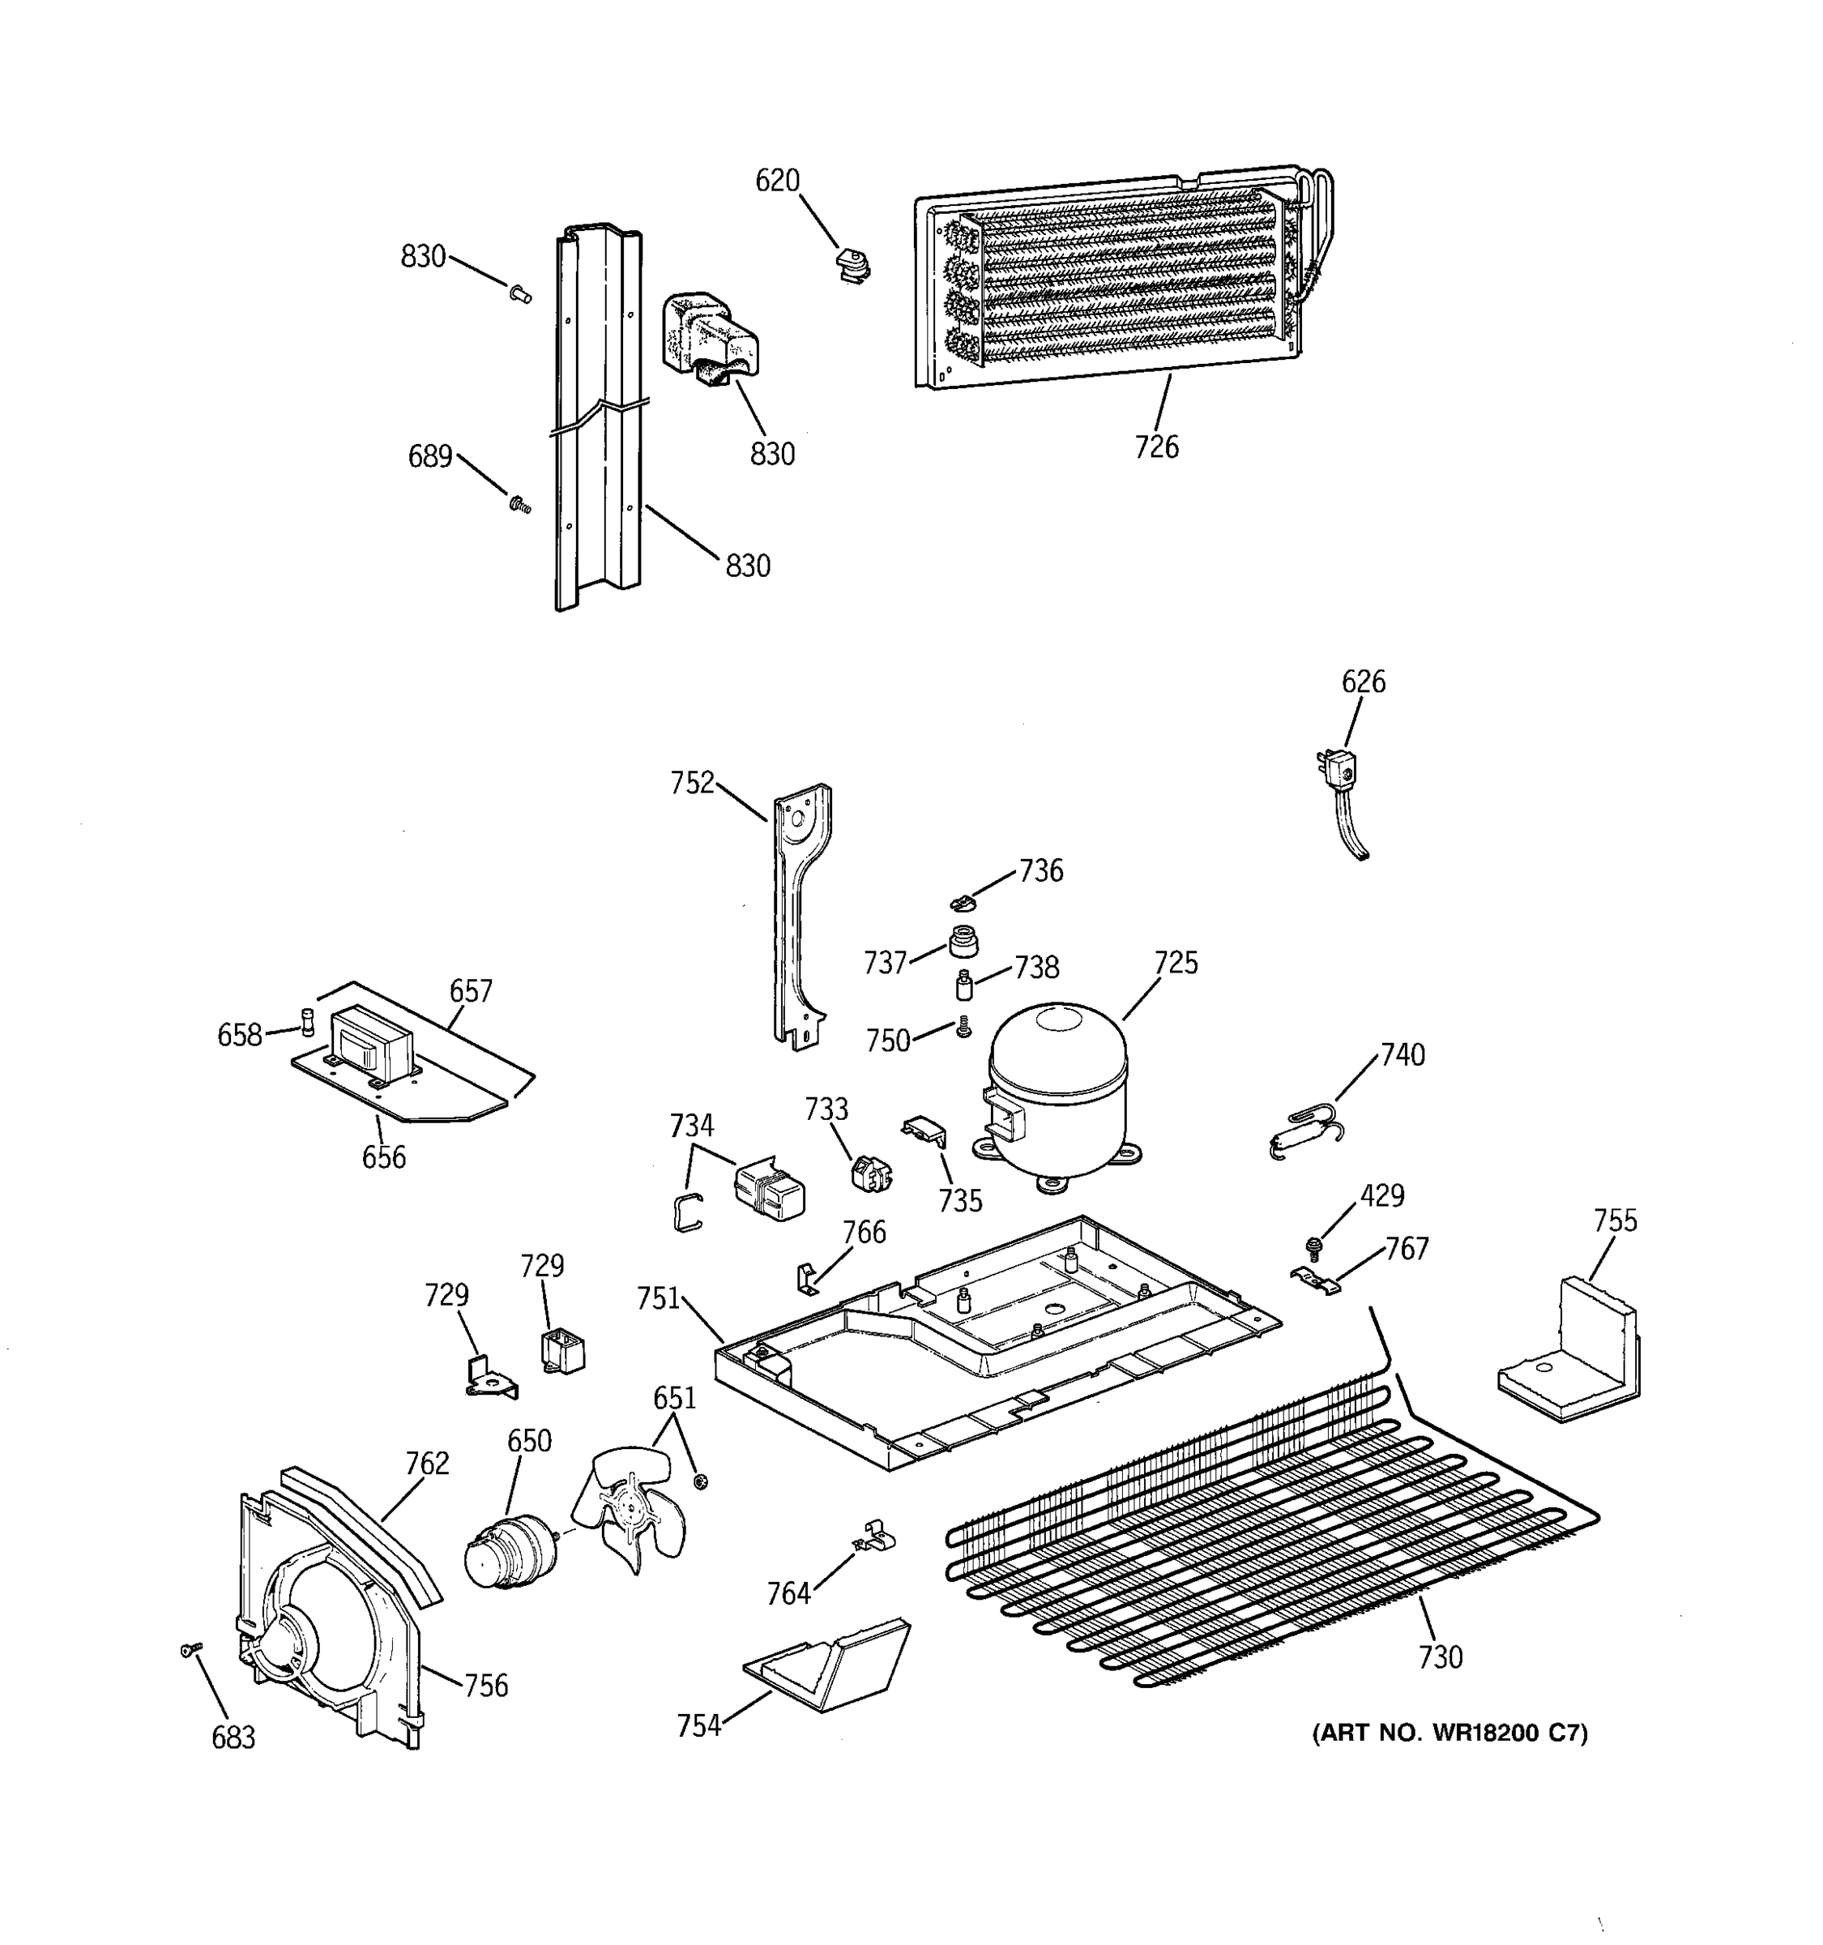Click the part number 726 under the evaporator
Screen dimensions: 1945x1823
coord(1156,447)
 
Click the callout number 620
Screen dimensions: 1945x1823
coord(778,181)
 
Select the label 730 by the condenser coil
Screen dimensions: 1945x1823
coord(1440,1657)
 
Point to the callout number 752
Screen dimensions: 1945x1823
coord(693,784)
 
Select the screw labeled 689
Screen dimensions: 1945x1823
coord(519,505)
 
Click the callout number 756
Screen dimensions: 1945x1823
coord(485,1686)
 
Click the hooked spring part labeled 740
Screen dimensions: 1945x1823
coord(1307,1132)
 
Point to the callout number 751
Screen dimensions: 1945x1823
coord(657,1298)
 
